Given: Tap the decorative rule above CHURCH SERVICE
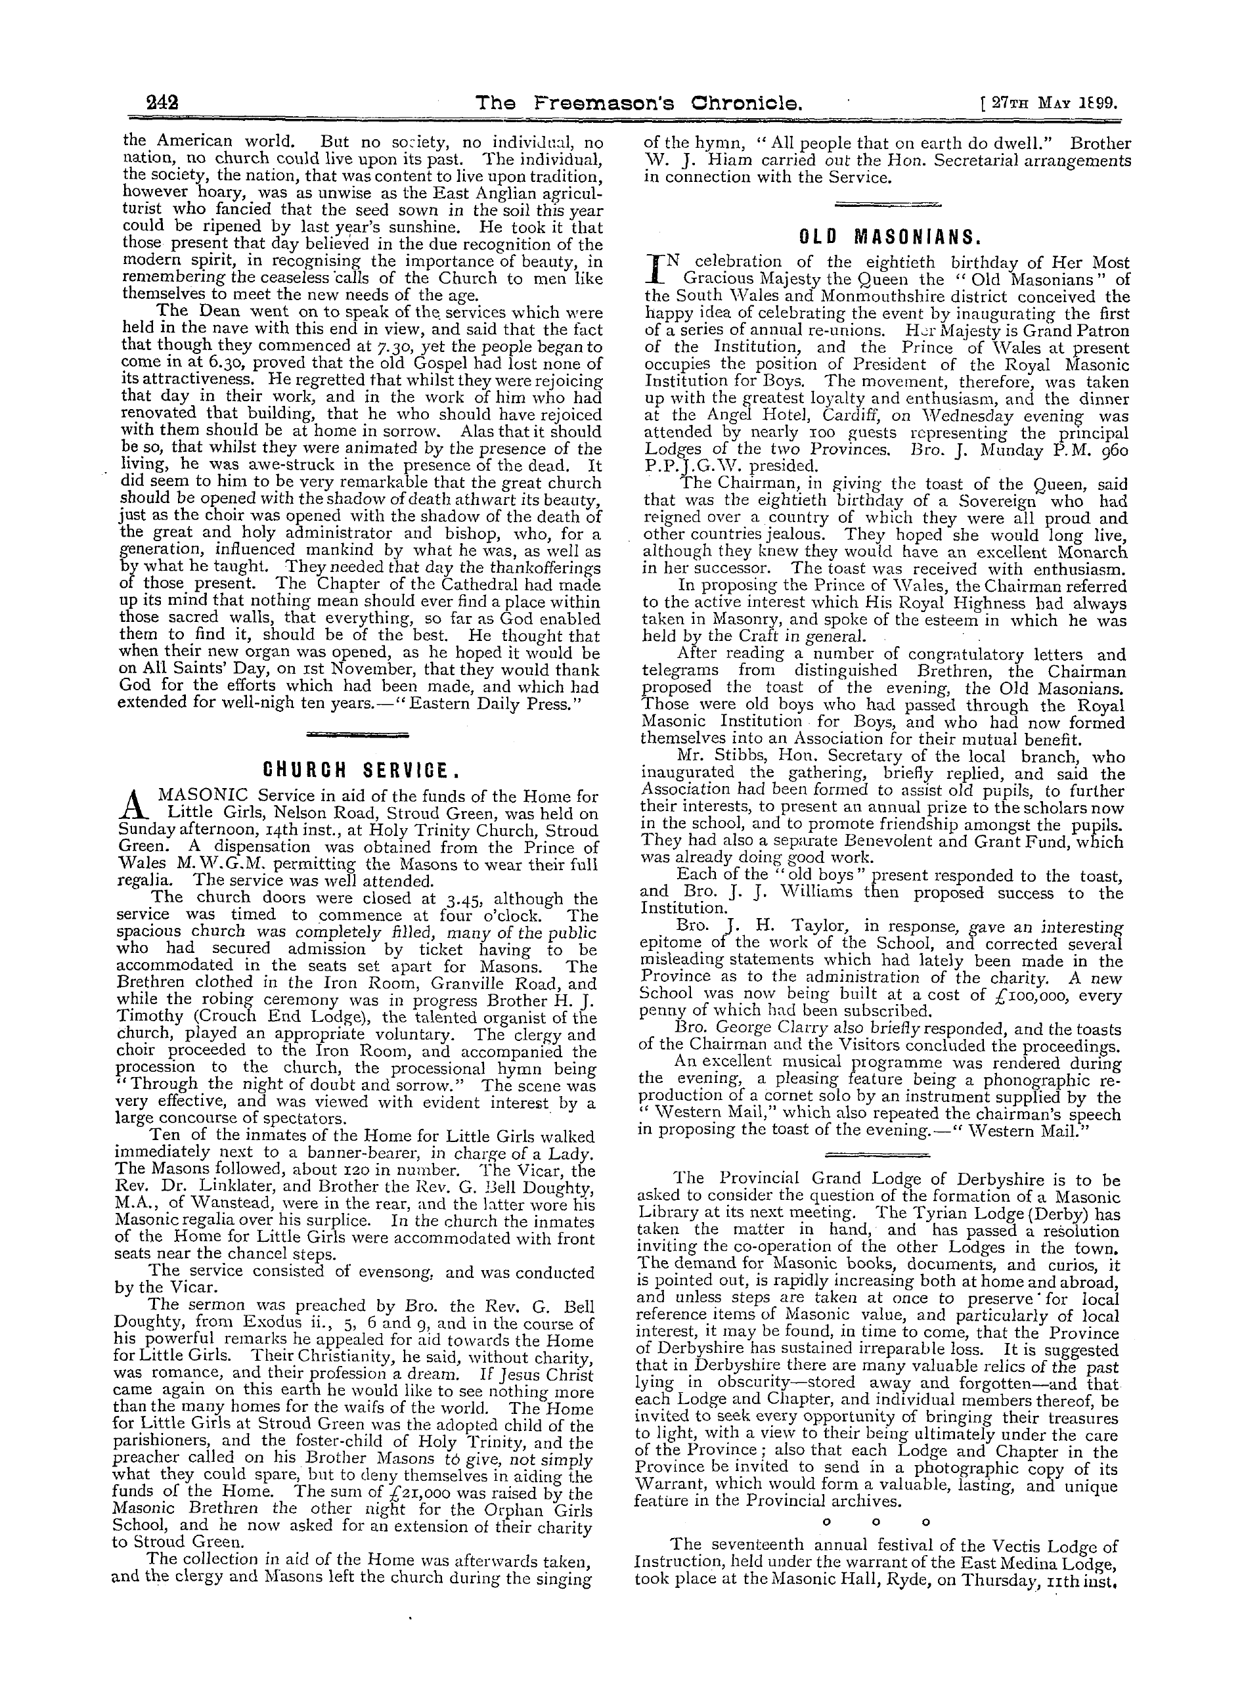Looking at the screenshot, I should [x=359, y=734].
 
